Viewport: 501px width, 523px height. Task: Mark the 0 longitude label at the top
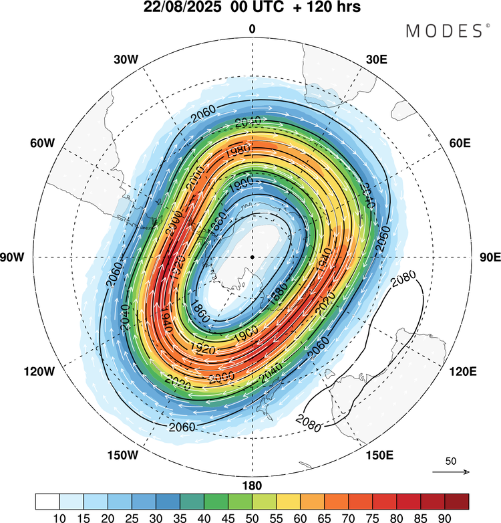point(252,29)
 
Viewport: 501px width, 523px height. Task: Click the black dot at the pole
point(252,257)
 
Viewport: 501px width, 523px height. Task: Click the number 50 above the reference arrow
point(451,461)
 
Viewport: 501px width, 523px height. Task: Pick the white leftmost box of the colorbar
point(47,500)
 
